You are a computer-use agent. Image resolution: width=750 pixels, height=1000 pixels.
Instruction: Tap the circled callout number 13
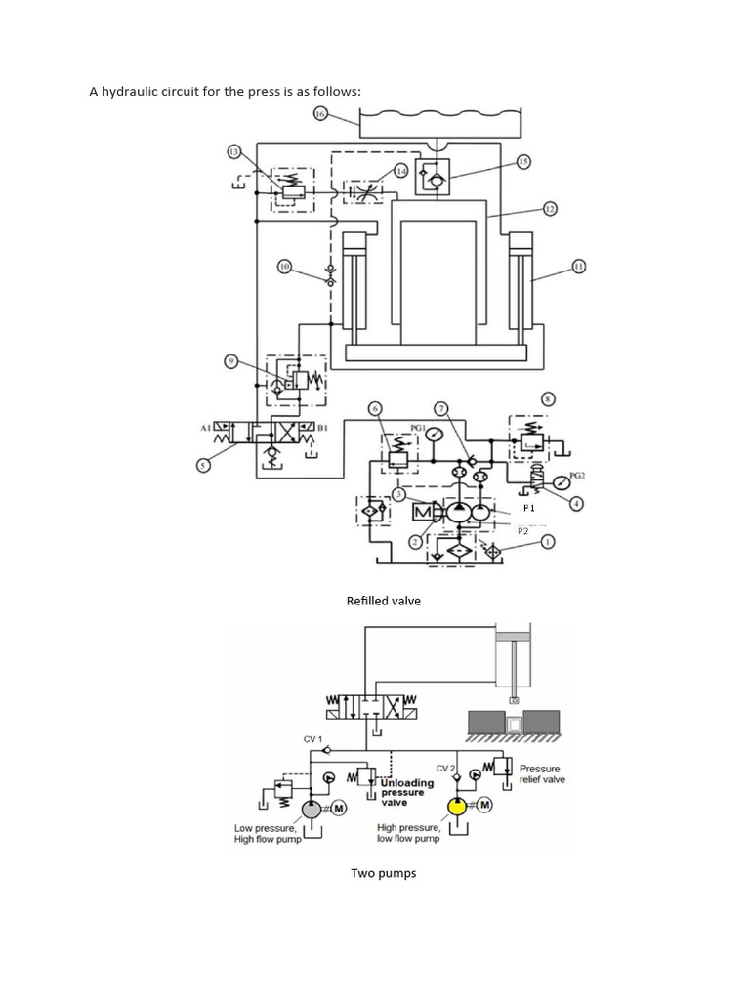pyautogui.click(x=233, y=151)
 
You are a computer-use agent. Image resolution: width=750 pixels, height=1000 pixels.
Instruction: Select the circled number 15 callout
pyautogui.click(x=523, y=161)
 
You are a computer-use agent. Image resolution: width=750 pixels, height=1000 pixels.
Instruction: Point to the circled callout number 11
pyautogui.click(x=578, y=266)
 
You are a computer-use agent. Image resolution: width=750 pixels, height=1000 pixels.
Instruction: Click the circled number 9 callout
pyautogui.click(x=231, y=361)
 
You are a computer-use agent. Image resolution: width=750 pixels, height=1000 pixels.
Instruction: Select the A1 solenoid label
pyautogui.click(x=206, y=427)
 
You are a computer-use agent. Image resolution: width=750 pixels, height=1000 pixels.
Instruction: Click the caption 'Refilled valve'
pyautogui.click(x=384, y=601)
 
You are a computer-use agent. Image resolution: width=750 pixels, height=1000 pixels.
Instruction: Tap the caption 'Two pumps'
pyautogui.click(x=384, y=873)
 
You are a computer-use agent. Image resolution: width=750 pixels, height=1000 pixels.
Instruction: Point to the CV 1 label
pyautogui.click(x=312, y=739)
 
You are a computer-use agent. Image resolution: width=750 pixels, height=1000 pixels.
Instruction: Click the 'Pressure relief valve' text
pyautogui.click(x=542, y=773)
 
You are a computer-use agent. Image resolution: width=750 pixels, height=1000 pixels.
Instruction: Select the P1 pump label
pyautogui.click(x=528, y=509)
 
